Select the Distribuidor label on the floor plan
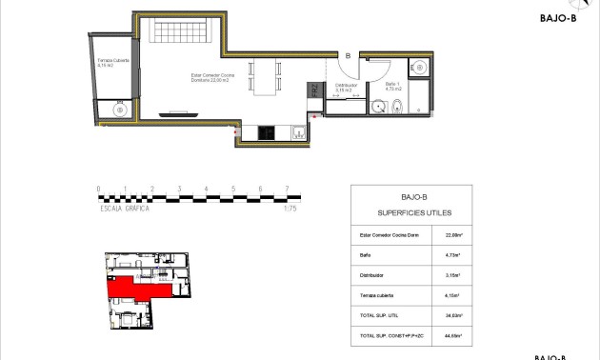click(345, 87)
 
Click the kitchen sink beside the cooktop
click(296, 132)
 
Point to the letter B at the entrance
click(348, 56)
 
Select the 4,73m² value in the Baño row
click(452, 255)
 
